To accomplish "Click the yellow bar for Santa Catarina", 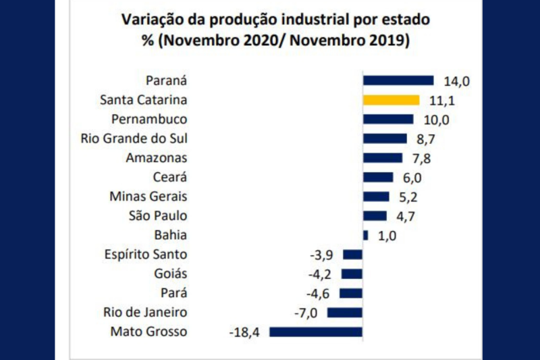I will click(391, 100).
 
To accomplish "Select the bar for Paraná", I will click(398, 80).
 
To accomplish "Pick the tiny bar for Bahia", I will click(366, 235).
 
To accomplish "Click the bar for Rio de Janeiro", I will click(345, 313).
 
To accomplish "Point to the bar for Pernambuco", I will click(388, 120).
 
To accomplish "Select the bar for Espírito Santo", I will click(353, 255).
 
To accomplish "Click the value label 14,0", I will click(456, 81).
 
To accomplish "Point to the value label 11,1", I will click(442, 101).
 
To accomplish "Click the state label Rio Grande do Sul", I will click(134, 138).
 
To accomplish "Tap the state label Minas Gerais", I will click(148, 197).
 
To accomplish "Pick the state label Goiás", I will click(171, 274).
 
